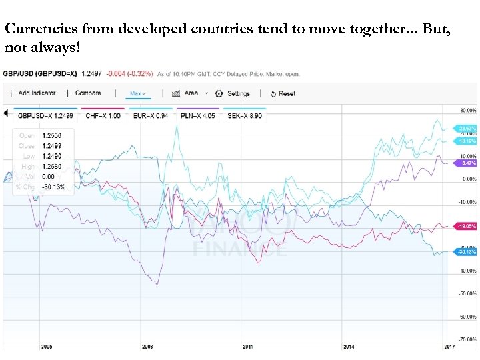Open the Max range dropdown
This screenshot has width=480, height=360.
tap(138, 93)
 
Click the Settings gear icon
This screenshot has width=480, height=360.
tap(219, 94)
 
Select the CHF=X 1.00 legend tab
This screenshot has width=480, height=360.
tap(103, 115)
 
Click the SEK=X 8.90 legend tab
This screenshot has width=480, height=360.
tap(243, 115)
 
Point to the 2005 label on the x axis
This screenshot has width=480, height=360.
tap(47, 347)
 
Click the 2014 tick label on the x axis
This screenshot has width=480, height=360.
tap(348, 347)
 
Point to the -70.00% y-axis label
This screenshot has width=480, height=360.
tap(467, 339)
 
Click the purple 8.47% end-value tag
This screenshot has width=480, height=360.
tap(467, 163)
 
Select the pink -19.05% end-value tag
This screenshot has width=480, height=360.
tap(467, 226)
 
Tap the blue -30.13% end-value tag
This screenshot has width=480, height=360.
tap(467, 251)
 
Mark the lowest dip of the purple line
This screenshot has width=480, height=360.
tap(157, 285)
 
